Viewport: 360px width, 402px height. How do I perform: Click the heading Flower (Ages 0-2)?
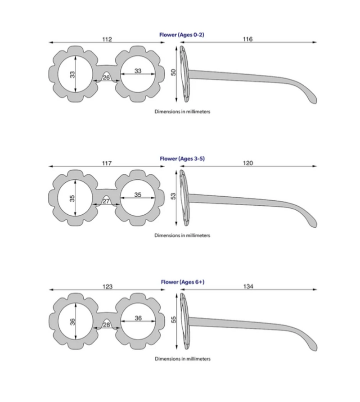click(x=182, y=34)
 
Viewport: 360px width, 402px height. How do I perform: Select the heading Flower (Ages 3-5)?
click(x=182, y=158)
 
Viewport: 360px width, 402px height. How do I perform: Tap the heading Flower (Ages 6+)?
click(x=182, y=282)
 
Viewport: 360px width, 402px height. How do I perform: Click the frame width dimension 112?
click(x=107, y=40)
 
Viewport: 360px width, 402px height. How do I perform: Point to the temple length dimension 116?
click(x=247, y=40)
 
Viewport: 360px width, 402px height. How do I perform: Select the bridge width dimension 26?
click(x=106, y=78)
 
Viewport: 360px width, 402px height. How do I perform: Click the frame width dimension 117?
click(x=107, y=163)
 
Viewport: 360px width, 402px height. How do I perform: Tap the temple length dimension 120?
click(x=248, y=163)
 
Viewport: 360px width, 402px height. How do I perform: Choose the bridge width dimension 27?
click(x=106, y=201)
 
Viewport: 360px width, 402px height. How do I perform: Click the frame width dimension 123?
click(x=107, y=287)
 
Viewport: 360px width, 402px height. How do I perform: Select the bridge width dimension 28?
click(x=106, y=325)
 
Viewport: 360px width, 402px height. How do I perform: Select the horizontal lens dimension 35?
click(x=138, y=194)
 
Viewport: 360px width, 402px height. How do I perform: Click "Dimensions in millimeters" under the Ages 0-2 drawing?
click(x=182, y=111)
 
